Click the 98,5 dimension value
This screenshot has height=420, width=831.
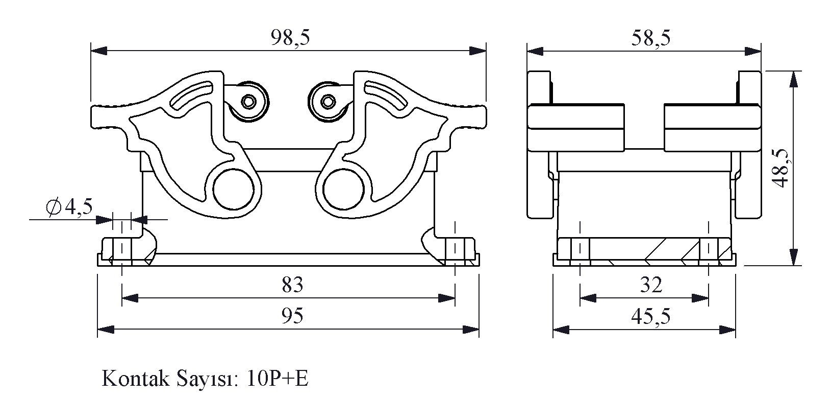point(290,37)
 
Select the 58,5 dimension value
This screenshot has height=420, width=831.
point(651,38)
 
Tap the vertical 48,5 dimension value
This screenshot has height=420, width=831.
point(781,168)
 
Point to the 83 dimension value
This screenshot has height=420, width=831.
point(292,285)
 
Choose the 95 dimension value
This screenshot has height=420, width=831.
point(292,316)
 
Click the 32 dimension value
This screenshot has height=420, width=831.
point(651,285)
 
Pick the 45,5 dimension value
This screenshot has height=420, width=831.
point(651,316)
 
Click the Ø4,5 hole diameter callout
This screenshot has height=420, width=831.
point(69,206)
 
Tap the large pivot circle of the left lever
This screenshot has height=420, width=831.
point(234,189)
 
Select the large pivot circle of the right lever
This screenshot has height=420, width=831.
point(343,189)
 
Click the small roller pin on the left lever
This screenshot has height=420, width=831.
point(248,101)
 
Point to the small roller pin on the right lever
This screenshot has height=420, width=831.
point(329,101)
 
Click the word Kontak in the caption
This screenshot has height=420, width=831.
point(135,379)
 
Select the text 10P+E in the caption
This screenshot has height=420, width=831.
point(278,379)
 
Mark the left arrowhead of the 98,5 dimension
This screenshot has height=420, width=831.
point(99,51)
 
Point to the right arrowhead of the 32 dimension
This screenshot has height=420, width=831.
point(700,298)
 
